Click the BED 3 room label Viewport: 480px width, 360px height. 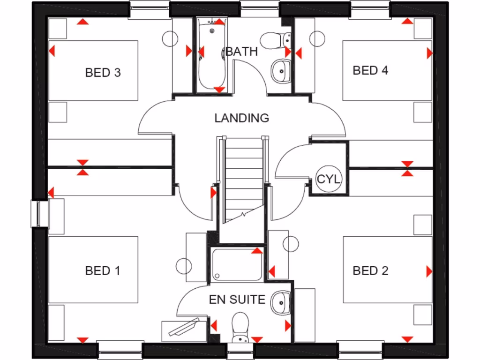(x=103, y=73)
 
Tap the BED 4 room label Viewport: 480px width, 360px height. (x=370, y=70)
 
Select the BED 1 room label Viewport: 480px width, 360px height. (x=103, y=270)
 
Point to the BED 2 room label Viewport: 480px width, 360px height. (x=370, y=270)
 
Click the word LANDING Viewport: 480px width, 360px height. (x=242, y=118)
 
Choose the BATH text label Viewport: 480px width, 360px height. (x=242, y=52)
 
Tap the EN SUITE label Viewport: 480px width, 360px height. (x=237, y=300)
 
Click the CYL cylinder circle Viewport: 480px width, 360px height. (x=329, y=180)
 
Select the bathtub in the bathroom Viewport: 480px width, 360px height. (x=211, y=54)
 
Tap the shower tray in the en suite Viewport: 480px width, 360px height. (x=237, y=265)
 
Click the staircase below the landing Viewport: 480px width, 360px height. (x=242, y=178)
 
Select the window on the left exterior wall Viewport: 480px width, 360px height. (x=40, y=213)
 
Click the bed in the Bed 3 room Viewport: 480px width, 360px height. (x=93, y=70)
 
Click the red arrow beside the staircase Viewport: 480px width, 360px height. (x=213, y=192)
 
